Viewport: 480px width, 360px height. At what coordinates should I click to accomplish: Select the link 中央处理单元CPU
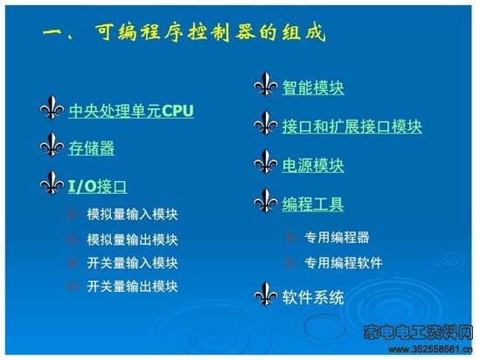tap(131, 111)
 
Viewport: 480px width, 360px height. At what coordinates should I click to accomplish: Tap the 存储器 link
tap(92, 149)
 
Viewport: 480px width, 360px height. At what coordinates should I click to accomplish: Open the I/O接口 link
tap(97, 186)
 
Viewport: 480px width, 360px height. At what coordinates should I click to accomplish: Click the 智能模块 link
tap(313, 87)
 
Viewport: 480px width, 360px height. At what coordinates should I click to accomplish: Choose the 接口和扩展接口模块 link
tap(352, 127)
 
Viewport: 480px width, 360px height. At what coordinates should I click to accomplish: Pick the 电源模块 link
tap(313, 165)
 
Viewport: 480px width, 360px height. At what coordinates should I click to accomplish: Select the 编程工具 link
tap(313, 204)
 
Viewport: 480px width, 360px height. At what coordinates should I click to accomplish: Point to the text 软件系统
tap(313, 297)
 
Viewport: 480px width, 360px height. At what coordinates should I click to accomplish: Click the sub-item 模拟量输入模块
tap(132, 214)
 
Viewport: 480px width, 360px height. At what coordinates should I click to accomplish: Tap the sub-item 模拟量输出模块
tap(132, 239)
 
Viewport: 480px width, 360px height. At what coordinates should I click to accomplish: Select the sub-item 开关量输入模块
tap(132, 263)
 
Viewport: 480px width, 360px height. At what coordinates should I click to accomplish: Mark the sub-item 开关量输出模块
tap(132, 287)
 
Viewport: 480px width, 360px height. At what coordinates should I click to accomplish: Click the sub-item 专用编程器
tap(337, 238)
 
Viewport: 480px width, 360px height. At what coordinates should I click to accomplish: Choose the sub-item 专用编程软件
tap(343, 262)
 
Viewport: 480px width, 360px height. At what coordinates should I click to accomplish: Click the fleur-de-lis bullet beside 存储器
tap(52, 145)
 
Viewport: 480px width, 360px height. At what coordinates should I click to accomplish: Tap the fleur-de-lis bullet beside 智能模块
tap(266, 84)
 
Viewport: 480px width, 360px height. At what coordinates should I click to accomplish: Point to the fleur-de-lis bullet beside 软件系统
tap(266, 294)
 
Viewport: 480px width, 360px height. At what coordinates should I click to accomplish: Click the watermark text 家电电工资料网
tap(418, 332)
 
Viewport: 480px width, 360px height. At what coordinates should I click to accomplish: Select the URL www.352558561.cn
tap(430, 350)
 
